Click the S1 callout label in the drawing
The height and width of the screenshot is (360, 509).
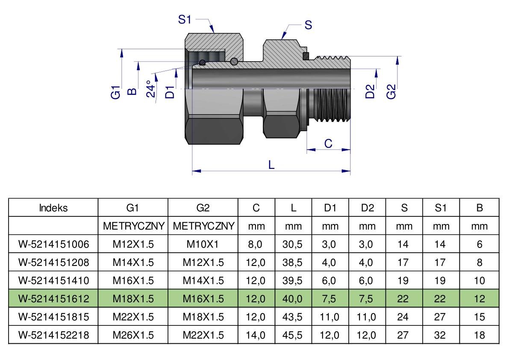(x=185, y=20)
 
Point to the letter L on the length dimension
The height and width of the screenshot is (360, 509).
(x=271, y=165)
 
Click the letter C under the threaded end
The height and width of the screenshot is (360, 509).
(x=328, y=144)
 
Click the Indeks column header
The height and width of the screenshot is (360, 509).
(x=53, y=208)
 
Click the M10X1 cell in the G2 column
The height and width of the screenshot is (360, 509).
(x=203, y=244)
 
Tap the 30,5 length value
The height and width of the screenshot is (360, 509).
(x=293, y=244)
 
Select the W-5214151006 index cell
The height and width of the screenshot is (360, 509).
(x=53, y=244)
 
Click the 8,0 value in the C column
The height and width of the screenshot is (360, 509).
(x=256, y=244)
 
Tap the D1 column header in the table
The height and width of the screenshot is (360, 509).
(x=330, y=208)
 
